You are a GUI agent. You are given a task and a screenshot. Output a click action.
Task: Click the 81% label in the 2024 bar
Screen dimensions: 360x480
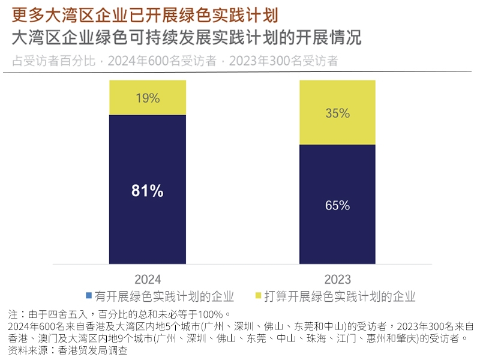147,191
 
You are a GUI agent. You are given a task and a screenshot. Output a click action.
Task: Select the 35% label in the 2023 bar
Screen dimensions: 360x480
337,113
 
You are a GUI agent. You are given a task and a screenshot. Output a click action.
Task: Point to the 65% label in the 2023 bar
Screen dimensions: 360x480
337,205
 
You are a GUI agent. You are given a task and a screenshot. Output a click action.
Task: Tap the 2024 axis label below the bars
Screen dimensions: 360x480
148,280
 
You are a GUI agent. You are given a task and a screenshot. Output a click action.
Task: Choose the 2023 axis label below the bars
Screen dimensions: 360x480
337,280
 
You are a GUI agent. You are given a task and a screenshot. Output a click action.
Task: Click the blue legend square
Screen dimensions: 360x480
89,296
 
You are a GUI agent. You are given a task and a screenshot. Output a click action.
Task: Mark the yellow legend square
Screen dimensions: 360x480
259,296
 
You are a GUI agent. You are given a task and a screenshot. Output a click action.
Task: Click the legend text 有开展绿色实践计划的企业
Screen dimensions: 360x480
164,296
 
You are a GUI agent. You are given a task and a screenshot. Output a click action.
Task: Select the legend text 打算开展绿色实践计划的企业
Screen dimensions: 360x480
341,296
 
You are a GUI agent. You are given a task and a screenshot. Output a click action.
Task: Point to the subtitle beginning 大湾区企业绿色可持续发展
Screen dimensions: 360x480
187,37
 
